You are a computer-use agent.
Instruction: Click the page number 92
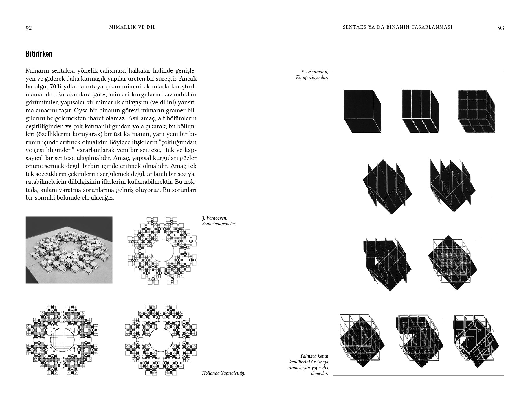click(x=29, y=28)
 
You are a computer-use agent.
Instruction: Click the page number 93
click(x=501, y=28)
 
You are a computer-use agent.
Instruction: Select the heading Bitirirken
click(x=39, y=54)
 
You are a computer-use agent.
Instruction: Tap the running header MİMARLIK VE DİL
click(x=133, y=27)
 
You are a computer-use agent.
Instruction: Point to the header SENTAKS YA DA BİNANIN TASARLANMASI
click(x=397, y=27)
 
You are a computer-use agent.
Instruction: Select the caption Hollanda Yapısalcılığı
click(x=223, y=373)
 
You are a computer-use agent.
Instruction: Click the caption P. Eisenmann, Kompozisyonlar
click(x=312, y=75)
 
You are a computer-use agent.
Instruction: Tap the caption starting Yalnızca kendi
click(x=309, y=365)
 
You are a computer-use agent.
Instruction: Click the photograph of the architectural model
click(x=69, y=250)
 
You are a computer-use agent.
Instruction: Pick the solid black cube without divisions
click(x=362, y=111)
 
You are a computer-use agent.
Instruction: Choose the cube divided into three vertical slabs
click(x=421, y=111)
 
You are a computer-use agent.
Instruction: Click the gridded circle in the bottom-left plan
click(x=62, y=339)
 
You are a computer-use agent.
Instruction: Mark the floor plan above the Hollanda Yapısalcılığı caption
click(x=161, y=339)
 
